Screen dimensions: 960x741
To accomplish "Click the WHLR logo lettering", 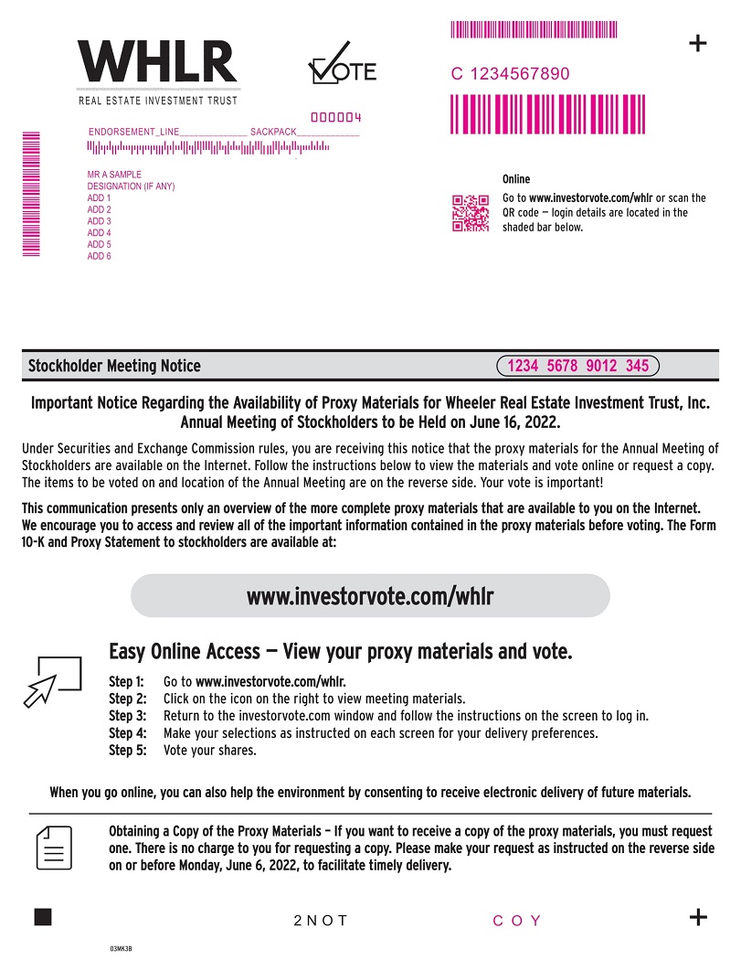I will coord(157,62).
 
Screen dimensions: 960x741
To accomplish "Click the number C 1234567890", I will coord(510,74).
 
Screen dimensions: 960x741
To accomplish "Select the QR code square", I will coord(471,213).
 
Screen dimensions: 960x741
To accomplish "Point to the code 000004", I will coord(336,118).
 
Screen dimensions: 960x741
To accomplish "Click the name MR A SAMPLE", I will coord(114,175).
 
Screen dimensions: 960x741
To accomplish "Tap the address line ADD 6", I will coord(99,256).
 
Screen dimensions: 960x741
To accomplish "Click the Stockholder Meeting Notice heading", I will coord(114,366).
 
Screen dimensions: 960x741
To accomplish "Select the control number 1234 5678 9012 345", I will coord(577,366).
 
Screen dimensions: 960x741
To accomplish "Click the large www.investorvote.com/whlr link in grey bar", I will coord(370,596).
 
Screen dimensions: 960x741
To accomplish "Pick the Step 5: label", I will coord(127,751).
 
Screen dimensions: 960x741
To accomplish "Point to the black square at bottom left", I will coord(43,917).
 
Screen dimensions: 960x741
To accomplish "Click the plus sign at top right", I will coord(697,43).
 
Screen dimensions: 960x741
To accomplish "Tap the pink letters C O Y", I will coord(517,921).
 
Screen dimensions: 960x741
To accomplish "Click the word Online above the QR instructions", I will coord(516,179).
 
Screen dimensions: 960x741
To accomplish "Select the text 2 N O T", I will coord(321,921).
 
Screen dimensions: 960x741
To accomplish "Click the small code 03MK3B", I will coord(122,949).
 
